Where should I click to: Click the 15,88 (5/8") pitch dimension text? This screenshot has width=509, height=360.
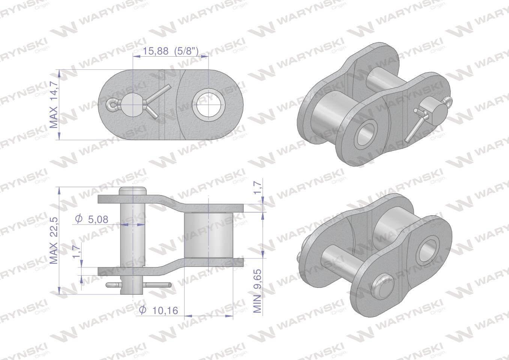point(170,52)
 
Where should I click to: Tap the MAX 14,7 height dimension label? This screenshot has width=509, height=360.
point(54,105)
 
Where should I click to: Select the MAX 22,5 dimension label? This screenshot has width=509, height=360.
point(54,240)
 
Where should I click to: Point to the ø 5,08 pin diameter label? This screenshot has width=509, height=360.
point(92,219)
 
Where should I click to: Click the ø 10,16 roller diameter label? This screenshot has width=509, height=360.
point(158,310)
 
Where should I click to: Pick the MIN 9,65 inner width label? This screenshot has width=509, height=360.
point(257,291)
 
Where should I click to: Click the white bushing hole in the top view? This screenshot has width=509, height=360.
point(208,105)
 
